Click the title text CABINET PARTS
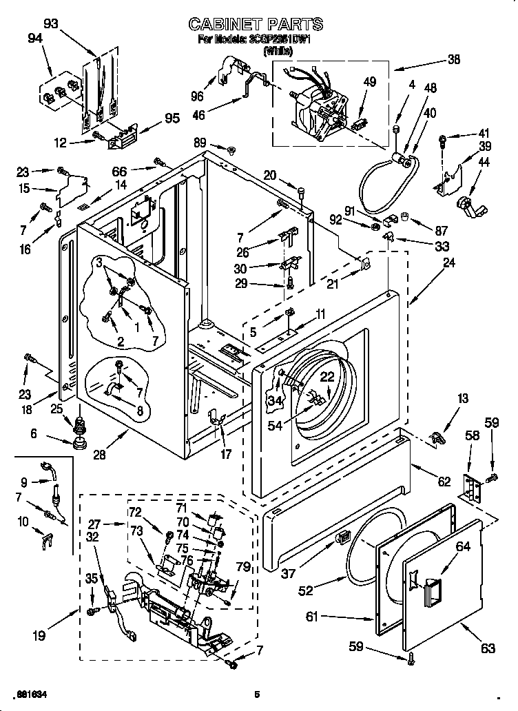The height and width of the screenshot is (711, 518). coord(256,25)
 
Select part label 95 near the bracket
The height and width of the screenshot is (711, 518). coord(172,118)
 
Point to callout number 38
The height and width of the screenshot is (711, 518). coord(453,59)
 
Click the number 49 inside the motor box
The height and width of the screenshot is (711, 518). coord(370,82)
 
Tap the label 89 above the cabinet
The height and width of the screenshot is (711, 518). coord(200,143)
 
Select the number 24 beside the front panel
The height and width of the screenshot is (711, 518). coord(449,262)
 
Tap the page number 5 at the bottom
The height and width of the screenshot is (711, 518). coord(256,694)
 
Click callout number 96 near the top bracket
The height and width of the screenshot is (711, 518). coord(196,96)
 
